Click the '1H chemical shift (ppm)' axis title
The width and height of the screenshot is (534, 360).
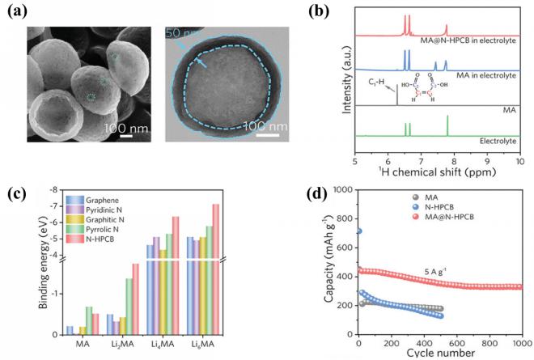[x=438, y=173]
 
